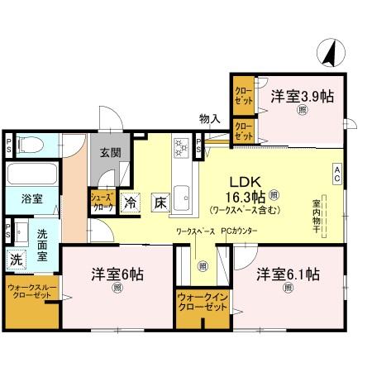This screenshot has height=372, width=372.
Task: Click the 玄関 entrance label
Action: click(x=111, y=152)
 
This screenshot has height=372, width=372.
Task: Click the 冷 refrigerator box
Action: click(x=130, y=201)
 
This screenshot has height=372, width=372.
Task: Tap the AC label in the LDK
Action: click(x=337, y=172)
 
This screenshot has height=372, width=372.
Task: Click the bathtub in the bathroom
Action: click(x=31, y=174)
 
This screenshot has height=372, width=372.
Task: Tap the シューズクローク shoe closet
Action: click(x=103, y=201)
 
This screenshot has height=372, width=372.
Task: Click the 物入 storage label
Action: click(x=209, y=119)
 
